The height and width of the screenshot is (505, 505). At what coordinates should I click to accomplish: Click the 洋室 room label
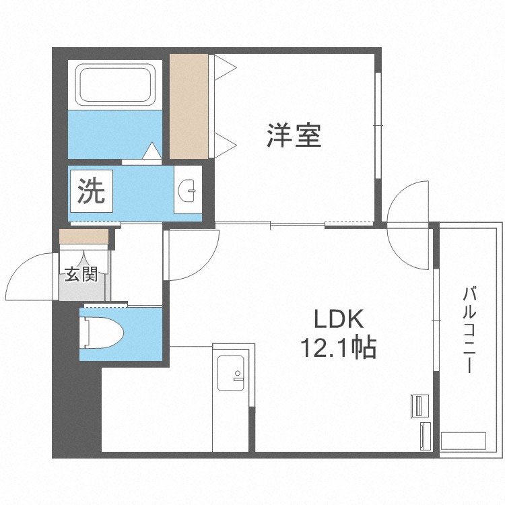pyautogui.click(x=293, y=135)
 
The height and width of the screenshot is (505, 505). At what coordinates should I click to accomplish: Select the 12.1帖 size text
pyautogui.click(x=337, y=348)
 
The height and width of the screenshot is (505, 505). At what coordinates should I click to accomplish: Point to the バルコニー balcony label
pyautogui.click(x=469, y=330)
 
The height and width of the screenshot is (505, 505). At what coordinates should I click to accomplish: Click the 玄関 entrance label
pyautogui.click(x=81, y=274)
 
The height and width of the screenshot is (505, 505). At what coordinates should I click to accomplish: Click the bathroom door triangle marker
pyautogui.click(x=152, y=150)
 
